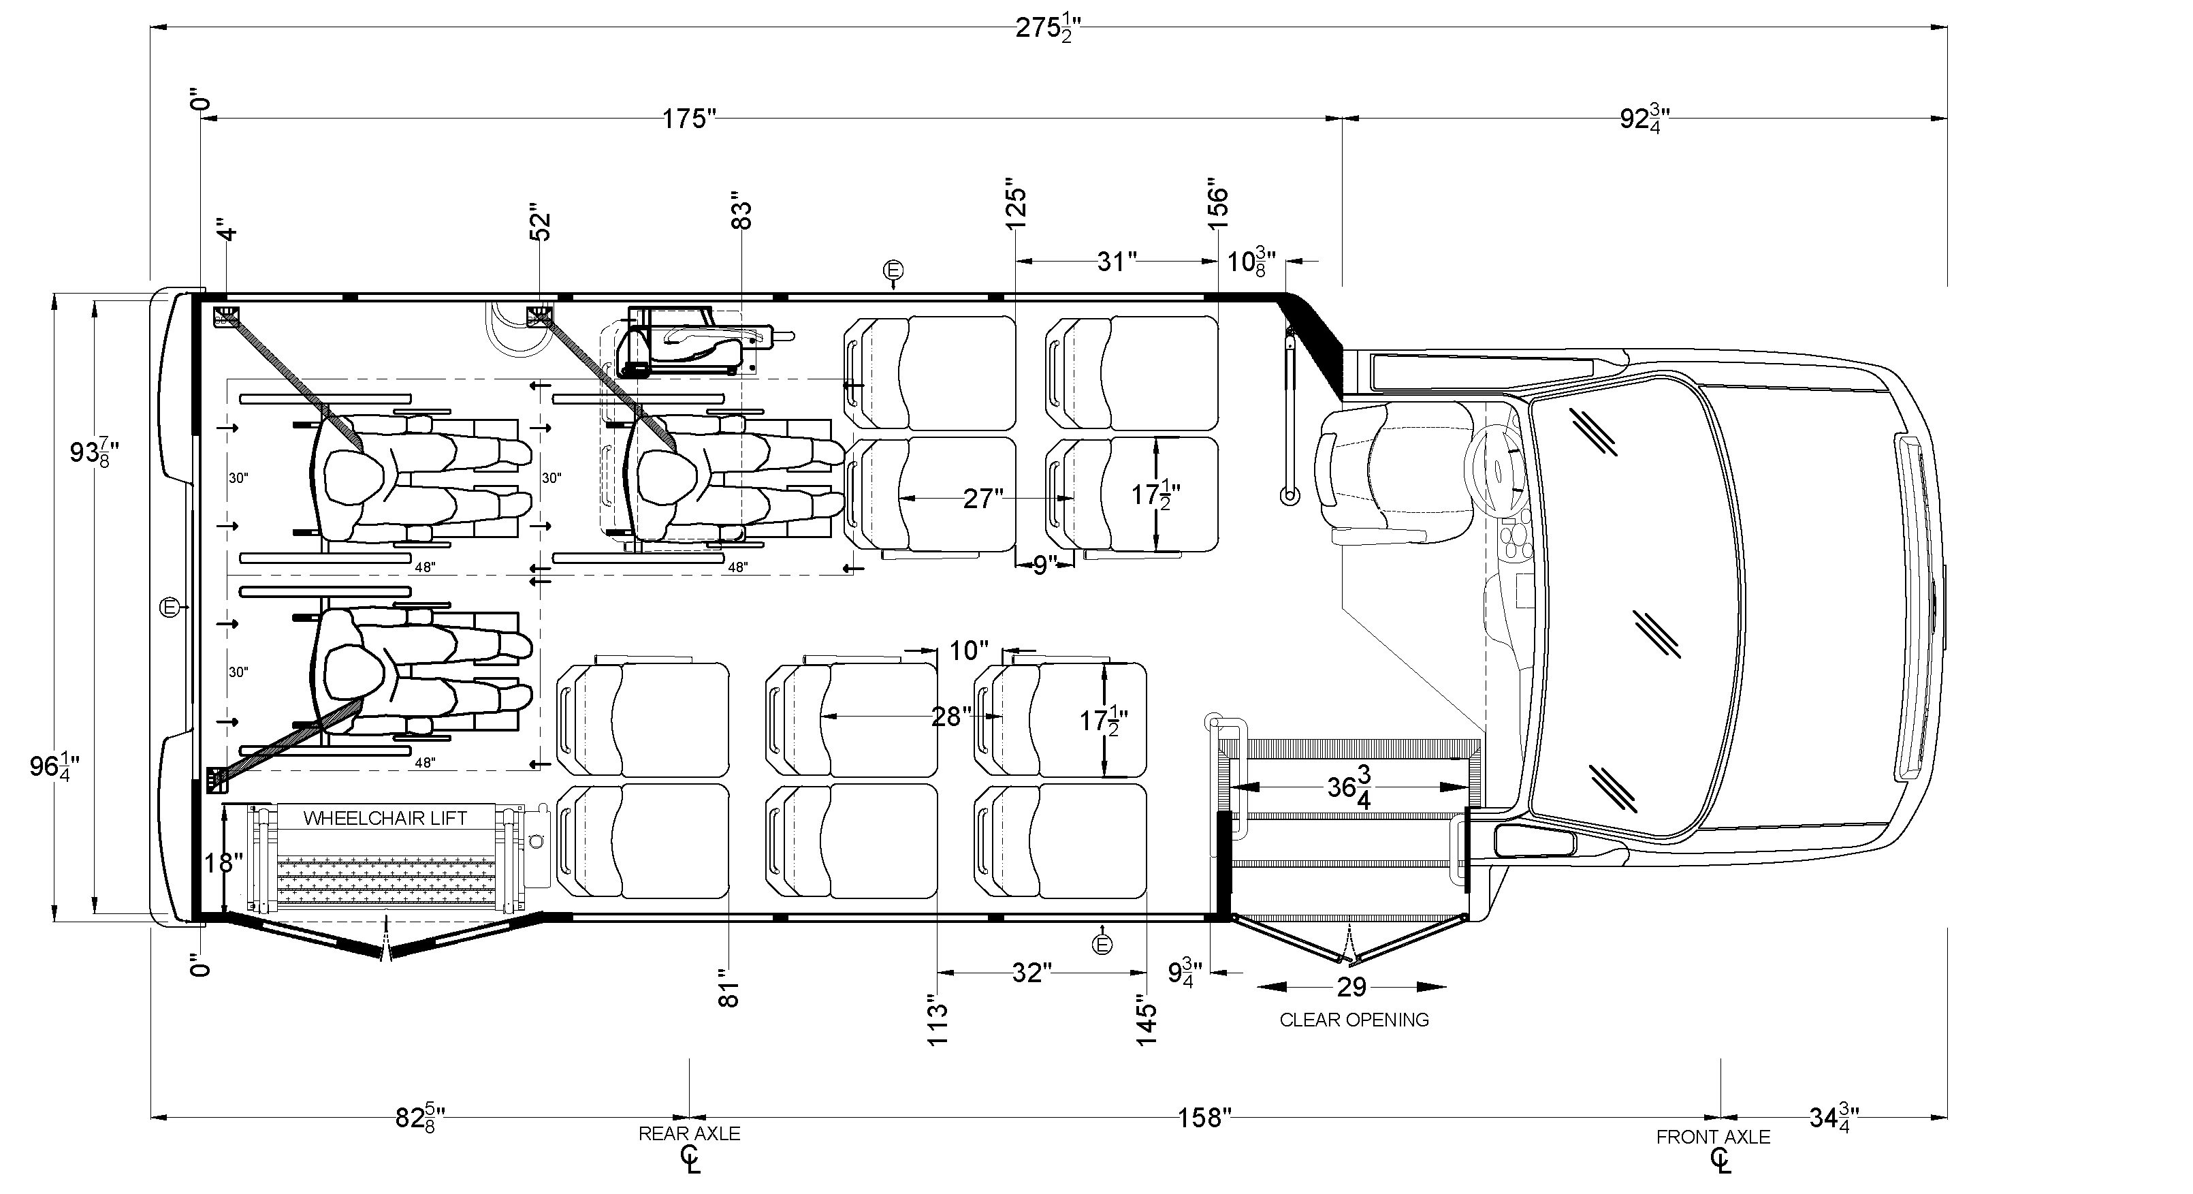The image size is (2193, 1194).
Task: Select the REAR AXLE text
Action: point(689,1133)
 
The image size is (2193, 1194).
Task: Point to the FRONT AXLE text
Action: point(1713,1137)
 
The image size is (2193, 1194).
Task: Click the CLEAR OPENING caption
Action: point(1354,1020)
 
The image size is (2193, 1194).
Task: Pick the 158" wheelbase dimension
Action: point(1204,1116)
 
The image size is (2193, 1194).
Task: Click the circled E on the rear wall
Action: point(171,608)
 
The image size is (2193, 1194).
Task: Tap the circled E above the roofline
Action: point(893,270)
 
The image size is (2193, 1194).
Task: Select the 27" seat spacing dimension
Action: point(982,498)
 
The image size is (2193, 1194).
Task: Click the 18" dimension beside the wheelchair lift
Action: point(223,864)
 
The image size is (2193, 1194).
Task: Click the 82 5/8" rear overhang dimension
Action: point(419,1116)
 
